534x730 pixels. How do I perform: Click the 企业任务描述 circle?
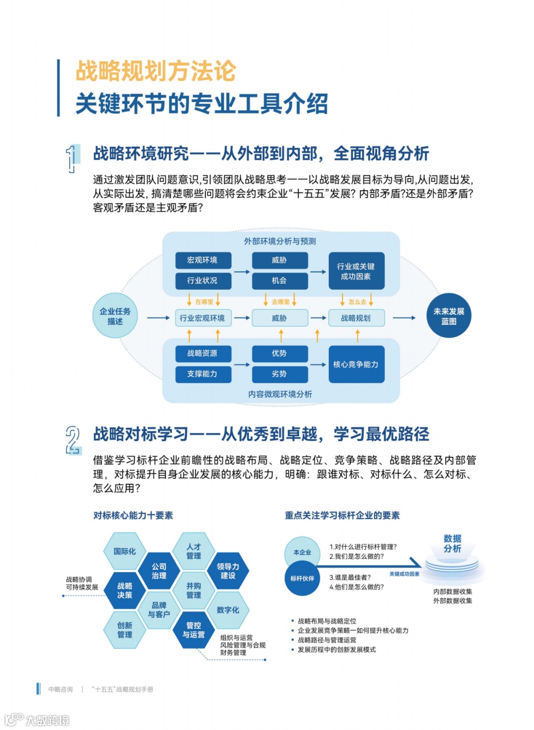[115, 316]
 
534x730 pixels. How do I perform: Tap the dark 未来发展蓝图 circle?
[448, 316]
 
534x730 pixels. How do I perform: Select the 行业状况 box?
[202, 280]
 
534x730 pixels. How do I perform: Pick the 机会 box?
[279, 280]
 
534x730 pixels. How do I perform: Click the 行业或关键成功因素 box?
[356, 271]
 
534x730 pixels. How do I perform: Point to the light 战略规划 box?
[356, 318]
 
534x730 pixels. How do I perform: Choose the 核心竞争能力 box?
[356, 365]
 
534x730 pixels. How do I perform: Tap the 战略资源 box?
[202, 353]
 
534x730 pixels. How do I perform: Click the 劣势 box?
[279, 374]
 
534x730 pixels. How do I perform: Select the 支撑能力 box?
[202, 374]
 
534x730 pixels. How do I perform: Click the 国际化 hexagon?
[125, 551]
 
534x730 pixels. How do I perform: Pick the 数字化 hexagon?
[228, 610]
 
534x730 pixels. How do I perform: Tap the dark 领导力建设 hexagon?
[228, 571]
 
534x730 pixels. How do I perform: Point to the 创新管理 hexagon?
[125, 630]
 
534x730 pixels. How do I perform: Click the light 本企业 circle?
[302, 552]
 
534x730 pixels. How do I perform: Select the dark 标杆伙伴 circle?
[302, 578]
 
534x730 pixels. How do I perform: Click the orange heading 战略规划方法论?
[156, 71]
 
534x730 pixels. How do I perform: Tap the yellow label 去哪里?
[280, 302]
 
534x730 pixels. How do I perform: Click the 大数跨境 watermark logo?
[37, 720]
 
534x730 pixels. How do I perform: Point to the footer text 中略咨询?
[60, 689]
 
